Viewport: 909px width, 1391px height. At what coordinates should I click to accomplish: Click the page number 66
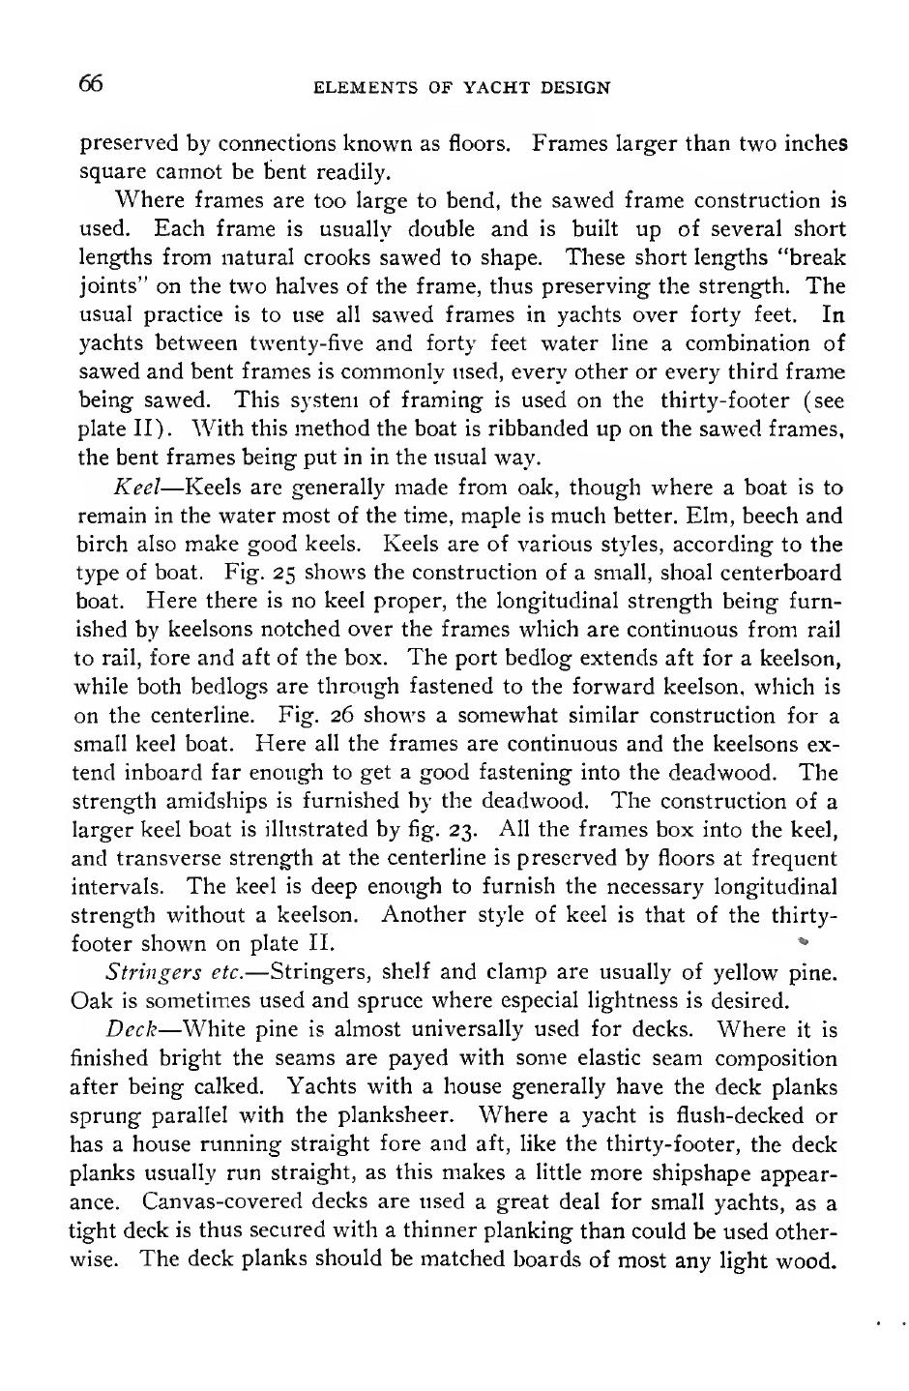pyautogui.click(x=90, y=84)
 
